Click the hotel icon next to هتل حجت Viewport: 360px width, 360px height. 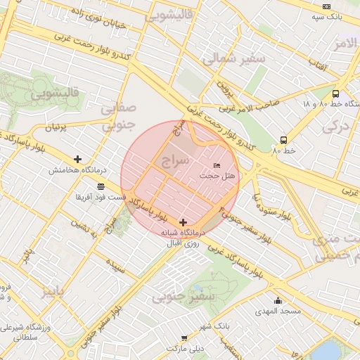click(x=217, y=165)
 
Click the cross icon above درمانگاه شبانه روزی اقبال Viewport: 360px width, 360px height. click(x=184, y=222)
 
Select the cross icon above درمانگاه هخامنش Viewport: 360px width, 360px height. click(x=77, y=160)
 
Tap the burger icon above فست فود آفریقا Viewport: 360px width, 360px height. click(x=102, y=186)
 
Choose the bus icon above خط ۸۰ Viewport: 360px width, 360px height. click(x=283, y=139)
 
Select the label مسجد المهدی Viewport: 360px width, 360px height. click(x=278, y=311)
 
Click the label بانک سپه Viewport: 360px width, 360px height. click(x=329, y=15)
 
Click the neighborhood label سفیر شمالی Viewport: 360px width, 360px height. click(x=234, y=59)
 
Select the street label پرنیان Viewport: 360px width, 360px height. click(x=59, y=127)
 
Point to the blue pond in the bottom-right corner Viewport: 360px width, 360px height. click(x=326, y=349)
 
